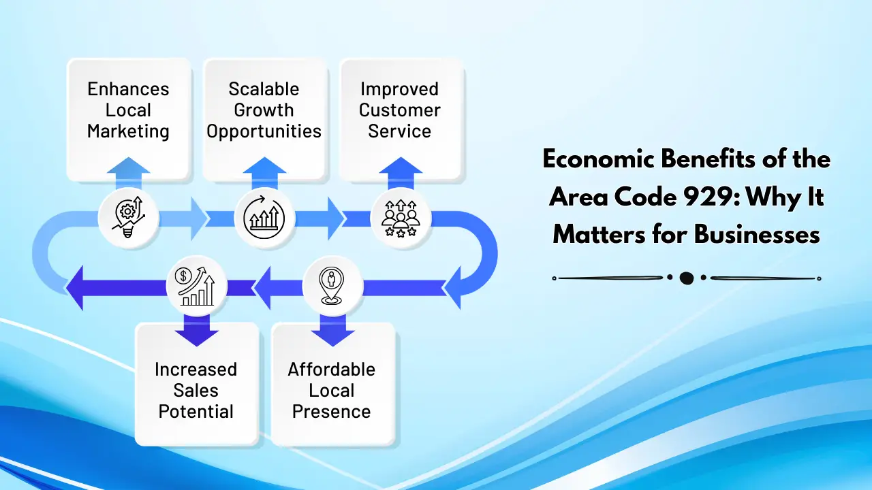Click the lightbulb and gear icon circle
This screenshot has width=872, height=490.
tap(129, 218)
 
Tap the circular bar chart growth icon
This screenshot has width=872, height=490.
tap(264, 218)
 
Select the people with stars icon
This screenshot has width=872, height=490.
tap(401, 218)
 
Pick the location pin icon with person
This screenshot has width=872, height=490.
tap(332, 286)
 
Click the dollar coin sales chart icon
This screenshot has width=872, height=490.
tap(197, 286)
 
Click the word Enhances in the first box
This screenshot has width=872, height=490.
tap(128, 89)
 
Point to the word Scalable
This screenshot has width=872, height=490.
tap(264, 89)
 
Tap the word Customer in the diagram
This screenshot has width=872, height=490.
tap(400, 110)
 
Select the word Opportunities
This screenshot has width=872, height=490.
tap(264, 131)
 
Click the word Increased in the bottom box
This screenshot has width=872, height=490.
tap(196, 370)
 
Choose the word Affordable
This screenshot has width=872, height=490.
tap(331, 370)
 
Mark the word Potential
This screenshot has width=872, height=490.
tap(196, 412)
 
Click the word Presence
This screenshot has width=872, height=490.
tap(331, 412)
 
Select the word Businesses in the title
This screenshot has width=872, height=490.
tap(757, 235)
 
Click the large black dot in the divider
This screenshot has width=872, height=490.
tap(686, 278)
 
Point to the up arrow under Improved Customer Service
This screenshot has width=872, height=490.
tap(401, 173)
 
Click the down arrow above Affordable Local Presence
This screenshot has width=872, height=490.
tap(332, 330)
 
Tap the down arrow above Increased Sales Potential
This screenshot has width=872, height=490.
tap(197, 330)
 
